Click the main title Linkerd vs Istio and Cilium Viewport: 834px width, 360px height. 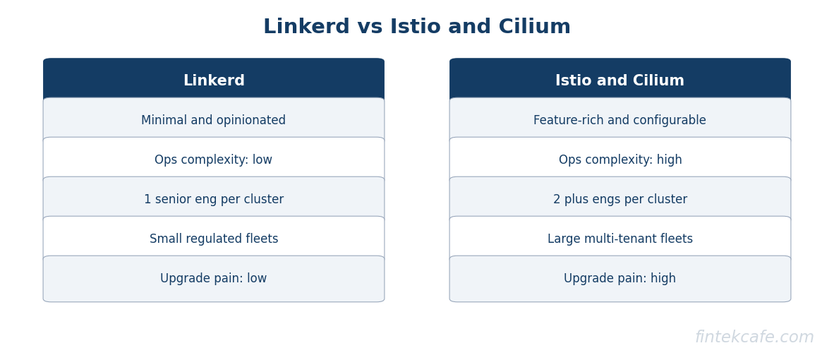(x=416, y=28)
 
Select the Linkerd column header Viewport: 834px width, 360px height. (x=214, y=81)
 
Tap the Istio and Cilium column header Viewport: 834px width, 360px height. (x=620, y=81)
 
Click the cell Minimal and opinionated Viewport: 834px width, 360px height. (x=214, y=121)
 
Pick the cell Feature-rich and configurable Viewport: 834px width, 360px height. (x=620, y=121)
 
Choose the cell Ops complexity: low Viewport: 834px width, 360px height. (x=214, y=160)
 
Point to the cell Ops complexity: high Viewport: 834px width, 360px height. (x=620, y=160)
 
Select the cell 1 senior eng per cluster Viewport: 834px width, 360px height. (x=214, y=200)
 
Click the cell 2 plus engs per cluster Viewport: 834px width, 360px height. (x=620, y=200)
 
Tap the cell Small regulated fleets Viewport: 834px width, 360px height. (x=214, y=239)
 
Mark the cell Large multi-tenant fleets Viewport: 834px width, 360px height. (x=620, y=239)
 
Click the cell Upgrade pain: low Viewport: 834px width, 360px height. (x=214, y=279)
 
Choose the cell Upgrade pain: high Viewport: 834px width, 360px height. (x=620, y=279)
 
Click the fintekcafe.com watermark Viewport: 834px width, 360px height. (x=754, y=337)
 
